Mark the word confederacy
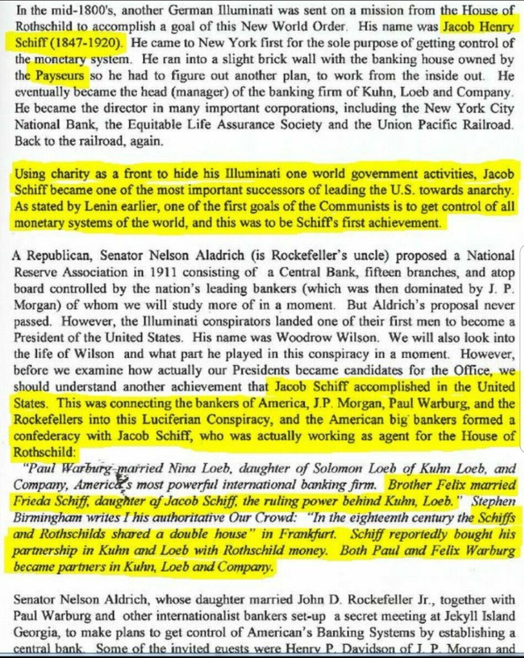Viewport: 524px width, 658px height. coord(47,436)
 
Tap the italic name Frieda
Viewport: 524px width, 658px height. coord(30,501)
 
